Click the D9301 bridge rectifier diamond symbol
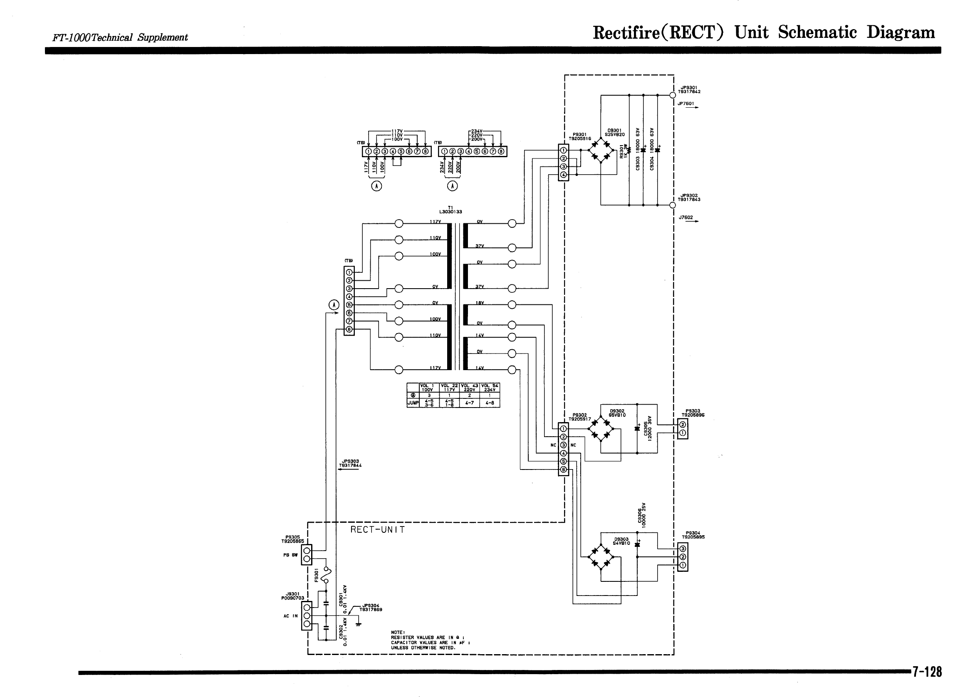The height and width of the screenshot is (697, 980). click(x=601, y=150)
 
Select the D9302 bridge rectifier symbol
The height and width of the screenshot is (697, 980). click(x=601, y=428)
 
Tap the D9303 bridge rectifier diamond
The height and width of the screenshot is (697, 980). click(x=601, y=557)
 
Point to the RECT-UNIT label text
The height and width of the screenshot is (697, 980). click(x=377, y=530)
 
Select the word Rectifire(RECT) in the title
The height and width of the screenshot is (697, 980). click(x=658, y=32)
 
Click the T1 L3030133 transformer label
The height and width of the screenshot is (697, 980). click(x=450, y=210)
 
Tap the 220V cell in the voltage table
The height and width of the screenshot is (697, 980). click(x=470, y=390)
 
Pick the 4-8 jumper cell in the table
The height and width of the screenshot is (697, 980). click(x=489, y=403)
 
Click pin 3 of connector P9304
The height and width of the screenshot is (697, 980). click(x=683, y=549)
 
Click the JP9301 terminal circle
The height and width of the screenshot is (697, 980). click(x=673, y=95)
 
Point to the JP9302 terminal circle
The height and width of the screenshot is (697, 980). click(x=673, y=205)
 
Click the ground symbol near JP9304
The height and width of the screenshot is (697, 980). click(x=358, y=624)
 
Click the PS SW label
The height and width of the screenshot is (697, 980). click(x=290, y=555)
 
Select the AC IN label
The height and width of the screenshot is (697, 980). click(x=290, y=616)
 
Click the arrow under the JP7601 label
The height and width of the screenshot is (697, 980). click(x=692, y=107)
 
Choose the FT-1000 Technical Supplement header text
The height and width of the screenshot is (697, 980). click(x=120, y=37)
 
